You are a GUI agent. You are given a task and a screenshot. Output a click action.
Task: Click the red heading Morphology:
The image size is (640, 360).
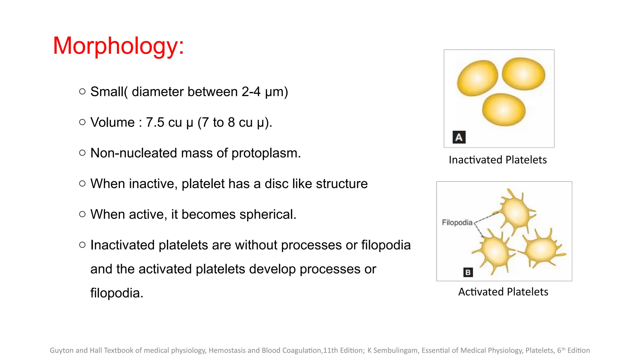coord(118,46)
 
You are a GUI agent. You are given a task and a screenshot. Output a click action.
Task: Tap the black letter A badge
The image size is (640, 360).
coord(459,137)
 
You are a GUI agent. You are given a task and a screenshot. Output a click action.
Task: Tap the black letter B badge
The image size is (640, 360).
coord(468,272)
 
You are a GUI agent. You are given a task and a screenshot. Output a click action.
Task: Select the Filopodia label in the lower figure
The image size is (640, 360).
coord(457,222)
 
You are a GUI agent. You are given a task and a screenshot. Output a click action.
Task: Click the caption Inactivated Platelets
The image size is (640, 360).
coord(497,160)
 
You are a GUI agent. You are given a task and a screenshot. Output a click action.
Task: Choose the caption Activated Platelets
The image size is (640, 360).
coord(503,292)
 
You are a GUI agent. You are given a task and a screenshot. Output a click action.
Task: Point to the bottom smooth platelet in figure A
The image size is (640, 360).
coord(503,110)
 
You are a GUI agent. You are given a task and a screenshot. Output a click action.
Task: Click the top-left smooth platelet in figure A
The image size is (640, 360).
coord(477,78)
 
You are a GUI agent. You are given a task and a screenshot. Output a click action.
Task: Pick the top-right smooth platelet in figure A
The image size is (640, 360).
coord(523,74)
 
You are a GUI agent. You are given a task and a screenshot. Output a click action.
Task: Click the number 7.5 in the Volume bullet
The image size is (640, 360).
coord(155,122)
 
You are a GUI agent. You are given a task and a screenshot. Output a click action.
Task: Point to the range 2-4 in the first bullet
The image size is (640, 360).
coord(251,92)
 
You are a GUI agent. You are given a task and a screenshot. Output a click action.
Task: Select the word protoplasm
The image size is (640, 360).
coord(266,153)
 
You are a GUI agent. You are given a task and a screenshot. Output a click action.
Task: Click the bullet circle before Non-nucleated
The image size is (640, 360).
coord(82,153)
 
